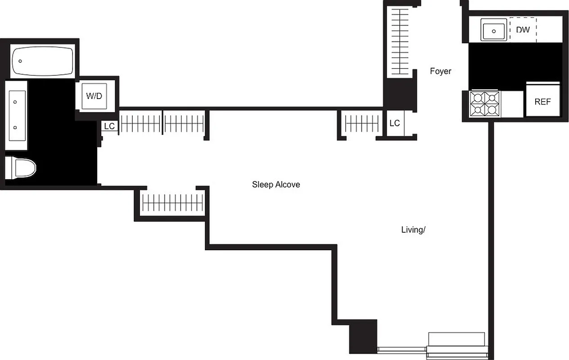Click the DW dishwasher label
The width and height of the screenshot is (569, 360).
[523, 30]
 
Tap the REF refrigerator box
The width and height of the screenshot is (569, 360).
[542, 101]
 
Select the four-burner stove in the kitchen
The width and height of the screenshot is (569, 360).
[484, 104]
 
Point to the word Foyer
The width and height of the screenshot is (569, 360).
[440, 71]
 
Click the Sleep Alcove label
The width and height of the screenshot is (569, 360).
[276, 184]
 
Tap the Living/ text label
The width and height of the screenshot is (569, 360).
[413, 230]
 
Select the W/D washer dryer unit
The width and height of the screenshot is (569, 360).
[94, 96]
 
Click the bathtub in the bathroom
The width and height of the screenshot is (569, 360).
[42, 61]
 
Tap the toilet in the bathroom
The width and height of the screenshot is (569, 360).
[20, 168]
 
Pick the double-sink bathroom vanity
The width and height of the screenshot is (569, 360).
[16, 115]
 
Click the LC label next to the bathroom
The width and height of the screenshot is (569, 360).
[109, 126]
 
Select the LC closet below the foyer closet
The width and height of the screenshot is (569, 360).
[395, 123]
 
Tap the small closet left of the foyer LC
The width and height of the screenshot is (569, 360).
[362, 123]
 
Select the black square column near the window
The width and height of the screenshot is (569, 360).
[363, 337]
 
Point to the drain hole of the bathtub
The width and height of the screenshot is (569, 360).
[20, 61]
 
